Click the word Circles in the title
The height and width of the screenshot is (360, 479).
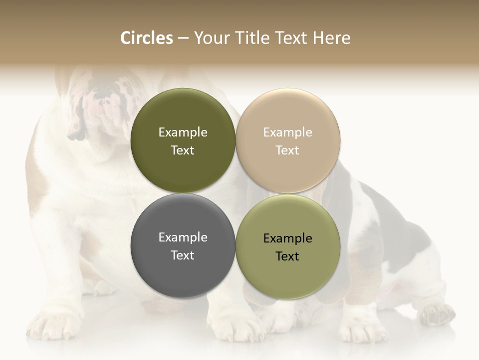click(147, 38)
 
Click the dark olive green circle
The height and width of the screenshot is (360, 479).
click(183, 140)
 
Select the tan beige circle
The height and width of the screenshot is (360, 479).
click(287, 140)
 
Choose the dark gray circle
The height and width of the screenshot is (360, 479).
click(183, 245)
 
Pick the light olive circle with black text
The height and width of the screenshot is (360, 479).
click(287, 246)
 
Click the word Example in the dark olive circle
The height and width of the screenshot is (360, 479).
click(183, 132)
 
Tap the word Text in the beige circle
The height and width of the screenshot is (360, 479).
click(287, 150)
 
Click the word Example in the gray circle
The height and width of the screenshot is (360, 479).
click(183, 237)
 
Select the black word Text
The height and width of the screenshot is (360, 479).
click(287, 256)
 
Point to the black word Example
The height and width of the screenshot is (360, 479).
click(287, 238)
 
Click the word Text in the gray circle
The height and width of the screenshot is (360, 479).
click(183, 255)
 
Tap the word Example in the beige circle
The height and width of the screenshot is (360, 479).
click(287, 132)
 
